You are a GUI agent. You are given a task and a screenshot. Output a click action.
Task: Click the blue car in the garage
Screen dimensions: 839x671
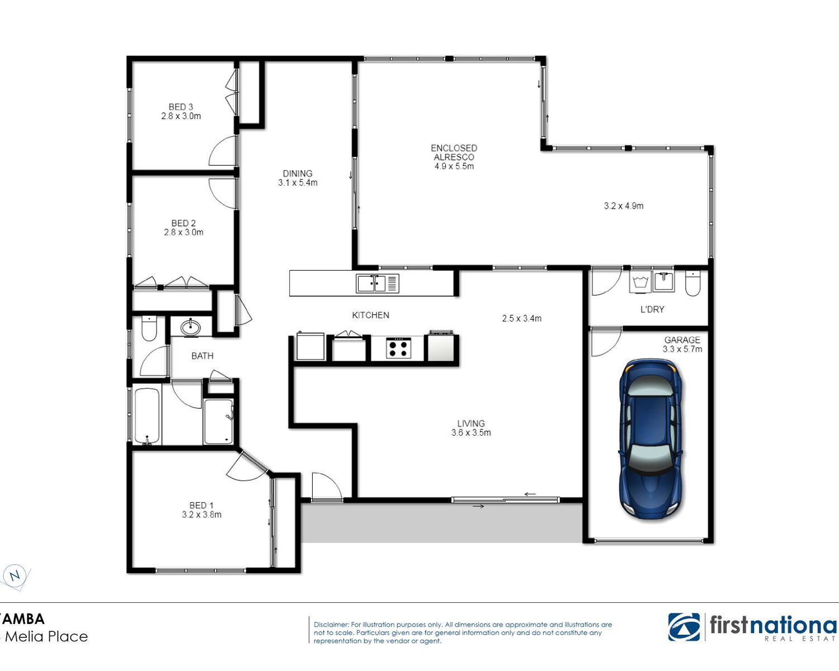[651, 439]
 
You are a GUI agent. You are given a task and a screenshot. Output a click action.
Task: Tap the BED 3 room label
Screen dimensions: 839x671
[181, 107]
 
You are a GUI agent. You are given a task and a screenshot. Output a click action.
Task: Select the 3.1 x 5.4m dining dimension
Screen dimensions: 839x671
[298, 182]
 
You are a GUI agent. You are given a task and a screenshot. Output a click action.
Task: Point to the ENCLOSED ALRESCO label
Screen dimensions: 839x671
[454, 153]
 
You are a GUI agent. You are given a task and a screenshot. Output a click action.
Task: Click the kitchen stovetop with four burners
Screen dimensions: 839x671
[398, 348]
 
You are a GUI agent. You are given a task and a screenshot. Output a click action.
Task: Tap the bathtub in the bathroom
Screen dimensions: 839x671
[147, 417]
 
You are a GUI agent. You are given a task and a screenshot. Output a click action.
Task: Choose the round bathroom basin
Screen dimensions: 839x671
[191, 328]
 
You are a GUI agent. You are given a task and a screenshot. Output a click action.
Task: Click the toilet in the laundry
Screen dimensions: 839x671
[693, 283]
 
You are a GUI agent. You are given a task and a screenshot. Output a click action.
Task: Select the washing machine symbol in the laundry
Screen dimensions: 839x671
[640, 282]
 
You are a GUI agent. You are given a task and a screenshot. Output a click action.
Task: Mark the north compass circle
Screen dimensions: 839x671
[15, 575]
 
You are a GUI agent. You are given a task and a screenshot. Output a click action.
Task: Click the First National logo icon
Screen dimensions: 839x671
[684, 627]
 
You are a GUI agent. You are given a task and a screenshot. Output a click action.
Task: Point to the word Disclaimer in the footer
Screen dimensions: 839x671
[331, 624]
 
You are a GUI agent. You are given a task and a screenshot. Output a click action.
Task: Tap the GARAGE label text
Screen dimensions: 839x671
[682, 340]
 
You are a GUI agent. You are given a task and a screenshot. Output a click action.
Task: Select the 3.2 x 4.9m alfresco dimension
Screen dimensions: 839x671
[624, 206]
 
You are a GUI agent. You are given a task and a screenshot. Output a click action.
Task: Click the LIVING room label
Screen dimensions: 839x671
[471, 423]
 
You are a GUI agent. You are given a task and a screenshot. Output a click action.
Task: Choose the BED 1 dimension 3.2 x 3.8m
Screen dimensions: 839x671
[201, 514]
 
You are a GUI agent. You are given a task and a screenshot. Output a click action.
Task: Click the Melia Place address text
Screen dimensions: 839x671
[46, 637]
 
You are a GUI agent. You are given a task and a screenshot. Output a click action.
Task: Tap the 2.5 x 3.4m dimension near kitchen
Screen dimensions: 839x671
[522, 319]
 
